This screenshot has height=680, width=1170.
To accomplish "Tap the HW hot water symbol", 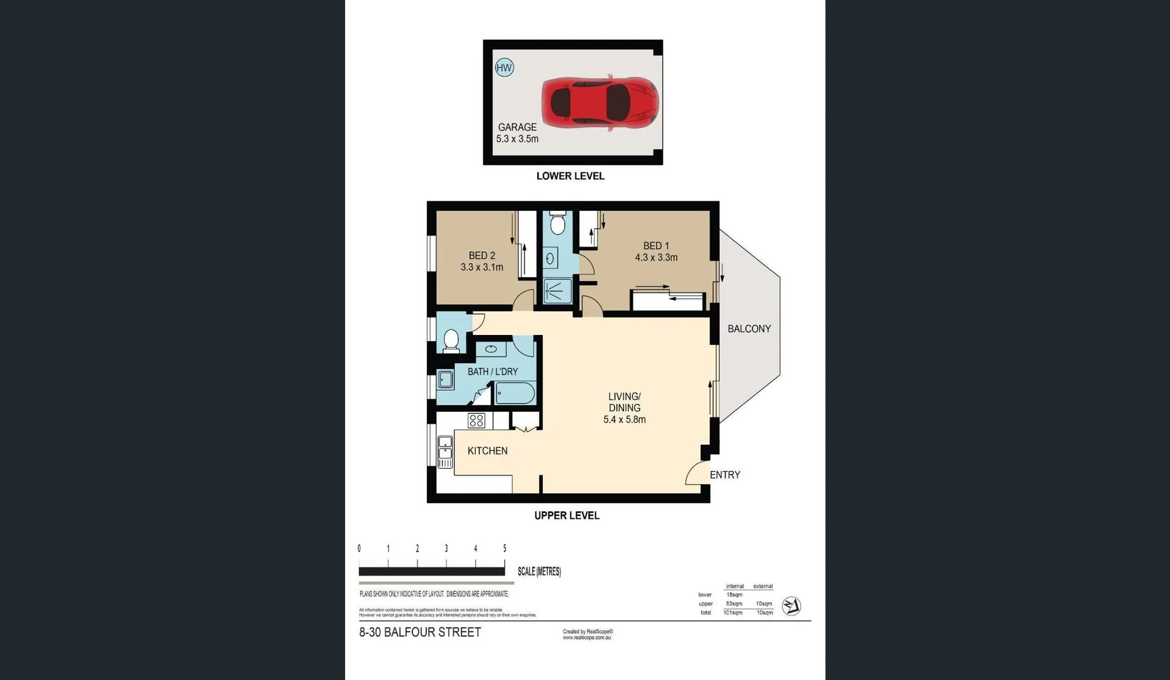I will [x=504, y=67].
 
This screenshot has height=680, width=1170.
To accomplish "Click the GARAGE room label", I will [x=517, y=127].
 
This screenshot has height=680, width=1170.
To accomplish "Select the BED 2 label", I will [x=482, y=256].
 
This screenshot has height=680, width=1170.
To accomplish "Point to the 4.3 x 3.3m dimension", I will [x=656, y=258].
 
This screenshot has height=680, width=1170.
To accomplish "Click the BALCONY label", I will [x=749, y=329].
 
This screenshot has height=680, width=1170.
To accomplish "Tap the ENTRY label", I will [x=725, y=475].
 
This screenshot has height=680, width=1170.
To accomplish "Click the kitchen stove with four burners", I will [x=476, y=421].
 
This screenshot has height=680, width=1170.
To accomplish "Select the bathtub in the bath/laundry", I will [x=515, y=394].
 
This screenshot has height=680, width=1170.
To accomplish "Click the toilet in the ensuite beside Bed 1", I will [x=557, y=224].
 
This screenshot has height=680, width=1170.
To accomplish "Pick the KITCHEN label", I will [x=487, y=451].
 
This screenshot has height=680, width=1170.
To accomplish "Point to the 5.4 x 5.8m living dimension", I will [x=624, y=419].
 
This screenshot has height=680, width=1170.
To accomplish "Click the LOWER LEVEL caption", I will [x=570, y=176].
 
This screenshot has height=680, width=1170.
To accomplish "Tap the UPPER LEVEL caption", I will [x=567, y=516].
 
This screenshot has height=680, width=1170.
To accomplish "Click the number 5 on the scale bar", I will [x=504, y=548].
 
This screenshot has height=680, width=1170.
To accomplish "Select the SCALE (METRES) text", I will [x=539, y=572].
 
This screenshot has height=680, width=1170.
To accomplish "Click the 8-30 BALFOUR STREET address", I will [x=420, y=632].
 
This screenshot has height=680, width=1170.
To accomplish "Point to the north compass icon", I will [x=791, y=606].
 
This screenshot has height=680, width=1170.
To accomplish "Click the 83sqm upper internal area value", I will [x=734, y=604].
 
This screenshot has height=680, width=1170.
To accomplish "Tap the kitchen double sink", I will [x=445, y=451].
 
